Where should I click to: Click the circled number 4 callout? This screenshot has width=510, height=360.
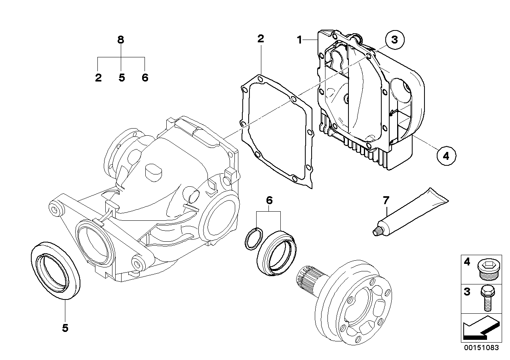(x=445, y=156)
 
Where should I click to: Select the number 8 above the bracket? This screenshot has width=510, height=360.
(x=121, y=40)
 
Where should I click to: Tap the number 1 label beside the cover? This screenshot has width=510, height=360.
(x=300, y=40)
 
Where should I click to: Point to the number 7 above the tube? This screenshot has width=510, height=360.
(x=386, y=200)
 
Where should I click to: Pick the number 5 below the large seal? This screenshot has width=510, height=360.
(x=65, y=328)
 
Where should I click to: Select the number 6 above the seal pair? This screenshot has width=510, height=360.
(x=269, y=200)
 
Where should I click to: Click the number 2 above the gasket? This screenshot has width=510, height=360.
(x=261, y=39)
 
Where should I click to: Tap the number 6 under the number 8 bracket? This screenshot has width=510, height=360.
(x=145, y=78)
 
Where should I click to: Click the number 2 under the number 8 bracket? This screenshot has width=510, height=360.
(x=98, y=78)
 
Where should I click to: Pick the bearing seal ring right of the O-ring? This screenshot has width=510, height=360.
(x=276, y=251)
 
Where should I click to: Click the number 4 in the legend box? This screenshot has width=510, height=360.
(x=467, y=261)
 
